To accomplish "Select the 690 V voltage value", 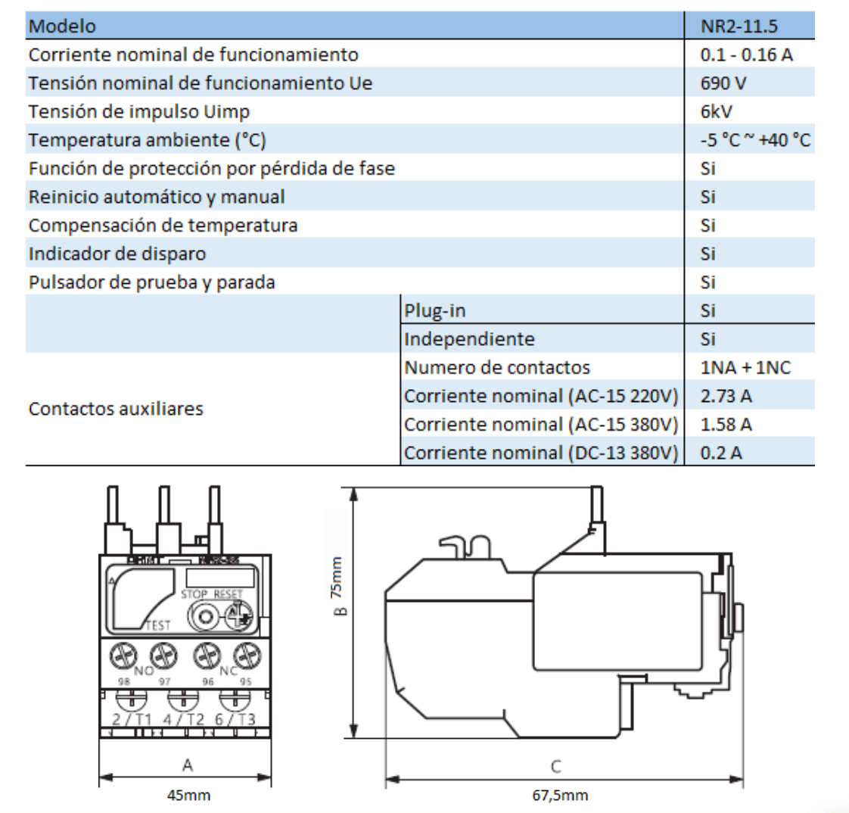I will coord(723,83).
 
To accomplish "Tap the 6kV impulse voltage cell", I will coord(716,112).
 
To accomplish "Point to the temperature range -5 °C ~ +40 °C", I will coord(754,140).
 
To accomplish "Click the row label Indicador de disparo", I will coord(117,254).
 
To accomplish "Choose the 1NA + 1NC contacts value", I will coord(745,368).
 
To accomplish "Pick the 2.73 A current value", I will coord(726,396).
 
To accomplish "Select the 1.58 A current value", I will coord(726,425).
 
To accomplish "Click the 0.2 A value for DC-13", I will coord(720,453).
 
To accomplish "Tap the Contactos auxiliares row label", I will coord(116,409).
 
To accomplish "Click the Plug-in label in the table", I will coord(434,311).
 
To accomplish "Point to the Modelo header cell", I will coord(62,26).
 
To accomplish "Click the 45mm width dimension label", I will coord(188,796).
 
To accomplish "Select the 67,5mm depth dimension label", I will coord(560,796).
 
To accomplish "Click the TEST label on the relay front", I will coord(157,625).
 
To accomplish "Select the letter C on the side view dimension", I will coord(556,767).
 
